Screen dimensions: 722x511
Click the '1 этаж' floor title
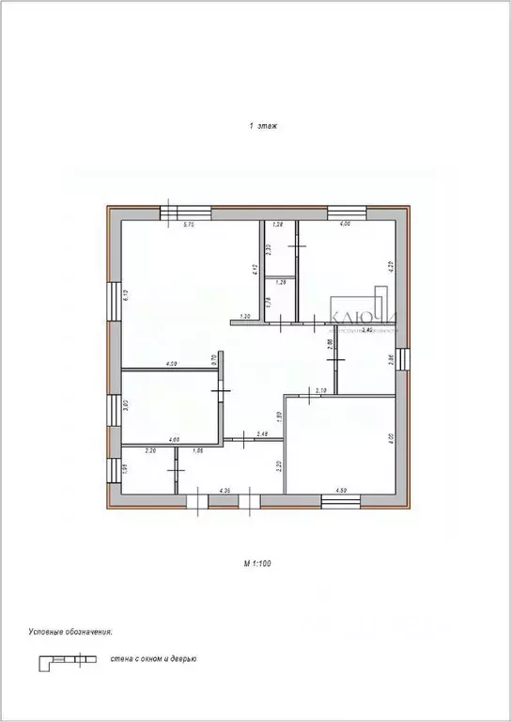[262, 124]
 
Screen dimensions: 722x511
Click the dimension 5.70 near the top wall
[188, 225]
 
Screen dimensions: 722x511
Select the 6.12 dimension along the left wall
[126, 294]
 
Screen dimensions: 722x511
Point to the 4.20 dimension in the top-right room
[389, 266]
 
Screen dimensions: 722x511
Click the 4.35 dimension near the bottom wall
[225, 490]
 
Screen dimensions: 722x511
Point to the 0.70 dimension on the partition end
[213, 358]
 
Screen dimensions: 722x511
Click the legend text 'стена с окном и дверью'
[153, 660]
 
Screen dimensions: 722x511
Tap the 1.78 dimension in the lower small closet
[269, 302]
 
